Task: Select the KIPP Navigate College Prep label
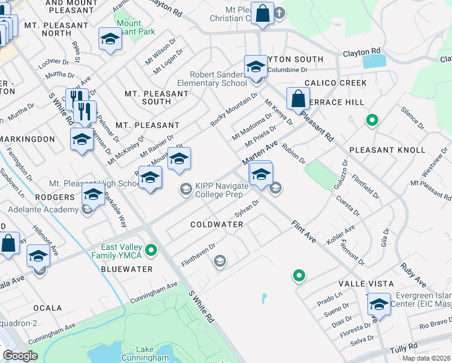(x=221, y=190)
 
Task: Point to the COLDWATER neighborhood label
(x=216, y=224)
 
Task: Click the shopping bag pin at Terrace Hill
(x=298, y=98)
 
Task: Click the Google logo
(x=20, y=356)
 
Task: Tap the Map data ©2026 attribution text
(x=426, y=358)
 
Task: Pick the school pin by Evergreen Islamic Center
(x=379, y=304)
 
